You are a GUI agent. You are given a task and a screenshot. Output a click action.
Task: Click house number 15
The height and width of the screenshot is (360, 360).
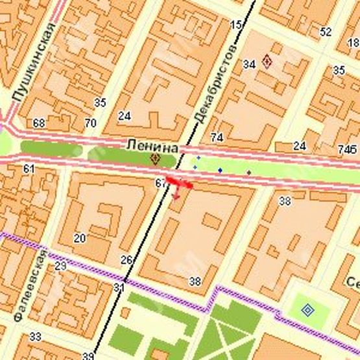point(235,25)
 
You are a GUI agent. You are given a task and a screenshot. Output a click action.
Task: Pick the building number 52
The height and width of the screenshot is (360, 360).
point(326,31)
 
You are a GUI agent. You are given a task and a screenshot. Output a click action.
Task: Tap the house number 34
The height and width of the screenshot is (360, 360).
point(249,64)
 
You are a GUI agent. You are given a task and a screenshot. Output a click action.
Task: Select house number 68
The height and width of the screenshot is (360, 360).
point(39,123)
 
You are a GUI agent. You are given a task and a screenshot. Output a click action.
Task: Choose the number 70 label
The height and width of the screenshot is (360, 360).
point(90,123)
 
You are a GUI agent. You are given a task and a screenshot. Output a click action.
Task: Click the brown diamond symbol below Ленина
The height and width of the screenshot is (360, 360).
point(155,158)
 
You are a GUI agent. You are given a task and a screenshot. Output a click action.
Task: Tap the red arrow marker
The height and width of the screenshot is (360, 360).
point(178,185)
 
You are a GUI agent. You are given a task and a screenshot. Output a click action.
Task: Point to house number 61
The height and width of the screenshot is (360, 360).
point(29,169)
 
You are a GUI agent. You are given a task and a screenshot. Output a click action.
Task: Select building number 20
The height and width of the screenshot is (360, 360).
point(79,238)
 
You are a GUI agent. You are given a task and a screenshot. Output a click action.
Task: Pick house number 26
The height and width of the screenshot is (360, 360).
point(126,260)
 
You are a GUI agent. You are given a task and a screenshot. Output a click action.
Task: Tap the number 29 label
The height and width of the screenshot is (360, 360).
point(60,266)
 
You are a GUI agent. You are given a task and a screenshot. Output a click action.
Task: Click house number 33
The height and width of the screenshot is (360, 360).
point(35,336)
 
